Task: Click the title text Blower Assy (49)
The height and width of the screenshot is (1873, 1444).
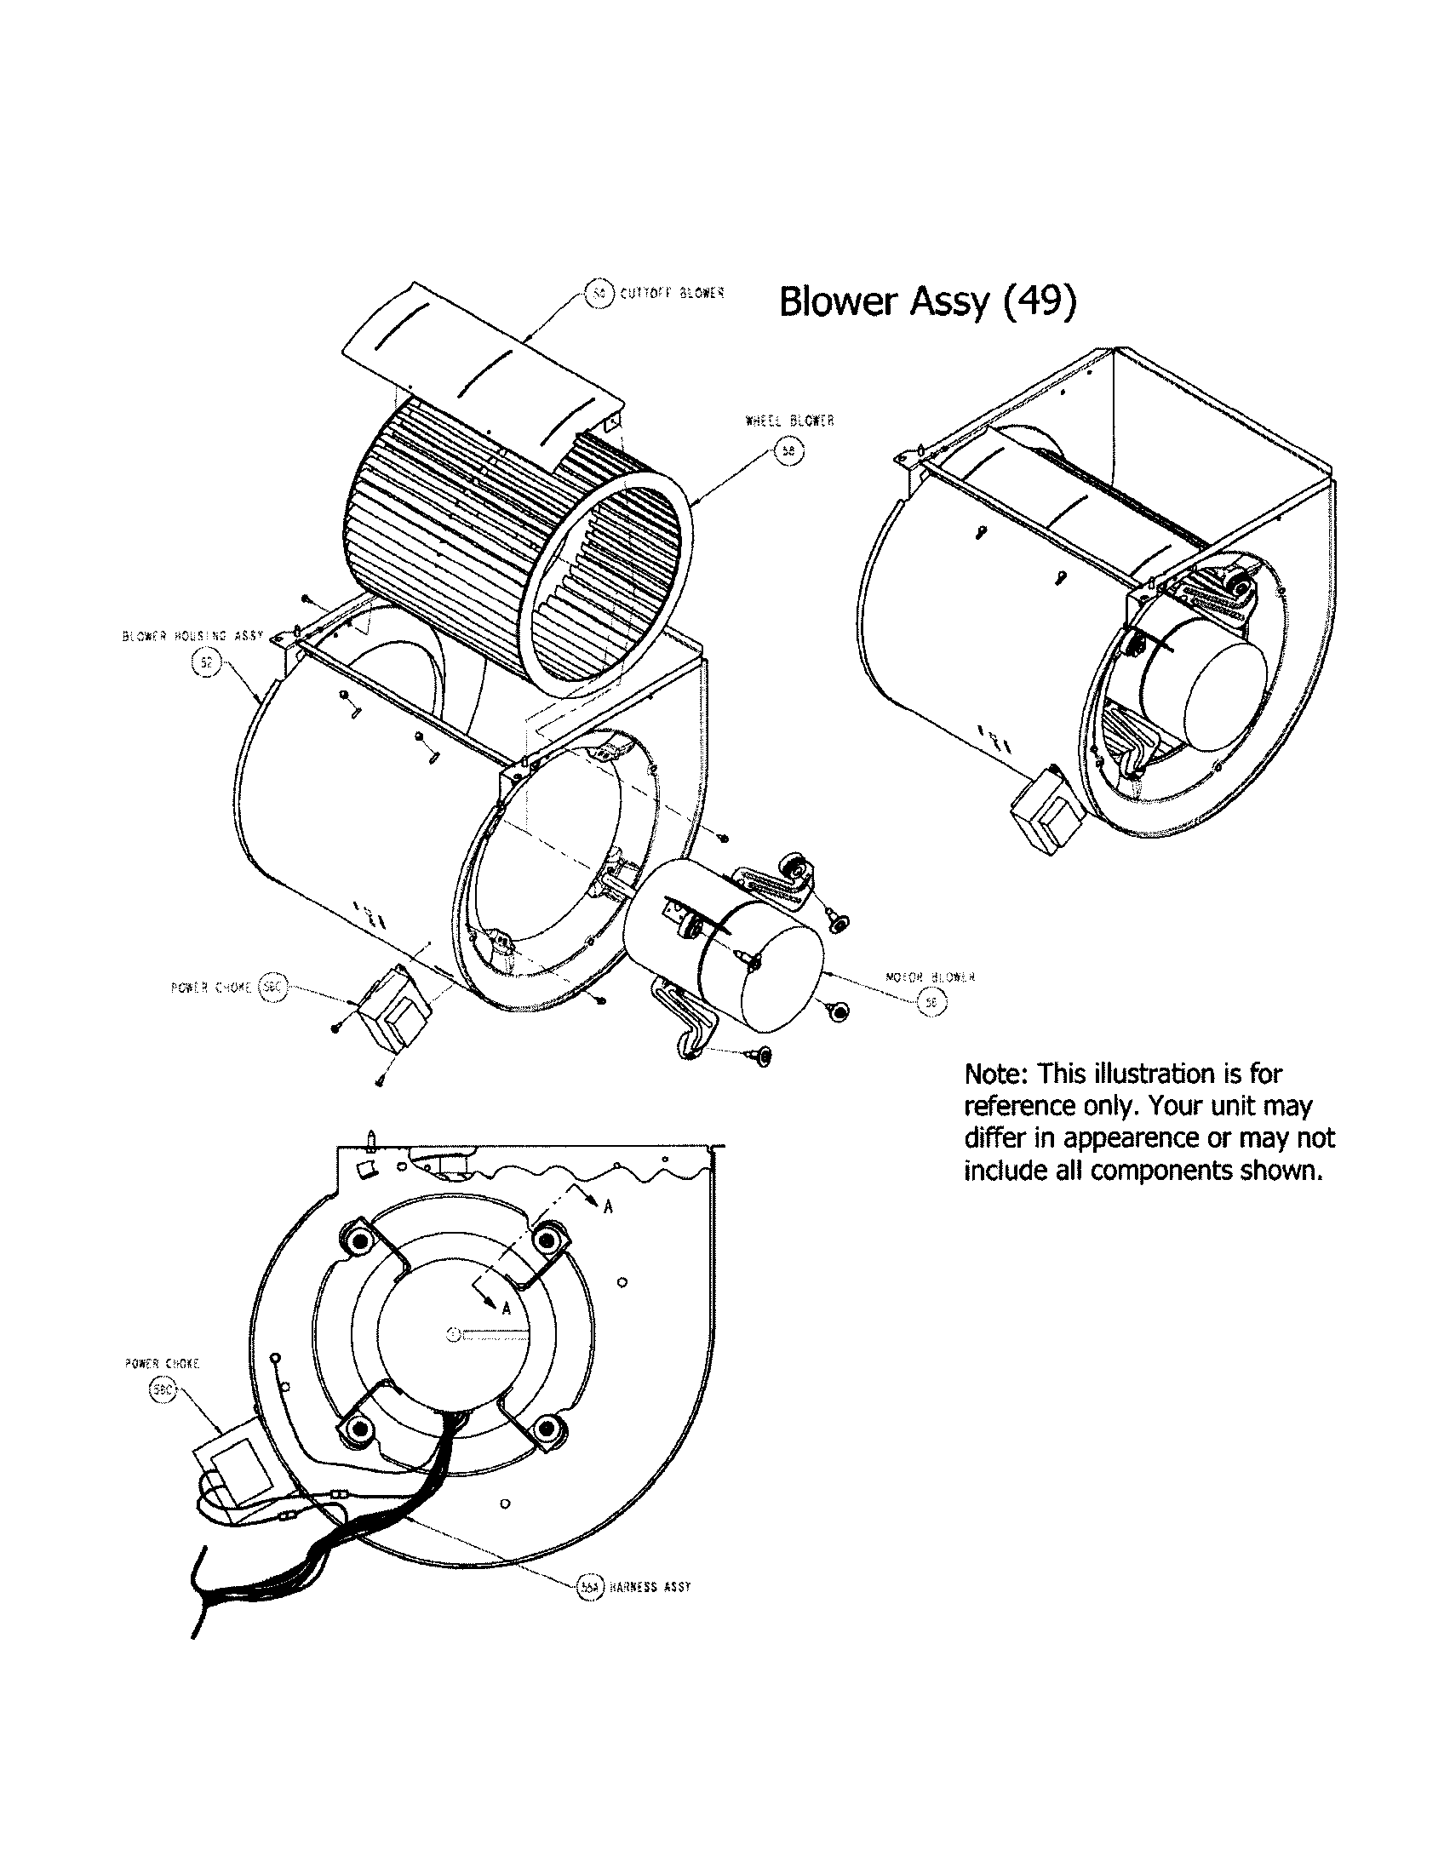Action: coord(926,302)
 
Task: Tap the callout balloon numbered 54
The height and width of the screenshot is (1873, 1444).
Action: coord(599,295)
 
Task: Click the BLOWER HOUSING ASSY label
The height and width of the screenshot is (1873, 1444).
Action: coord(193,636)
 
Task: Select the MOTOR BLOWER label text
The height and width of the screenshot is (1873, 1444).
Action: coord(930,977)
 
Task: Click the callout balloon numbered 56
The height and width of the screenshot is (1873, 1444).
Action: coord(932,1003)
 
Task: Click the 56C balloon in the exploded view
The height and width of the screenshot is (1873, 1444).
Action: coord(272,988)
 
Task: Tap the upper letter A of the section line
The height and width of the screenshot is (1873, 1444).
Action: coord(608,1206)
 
